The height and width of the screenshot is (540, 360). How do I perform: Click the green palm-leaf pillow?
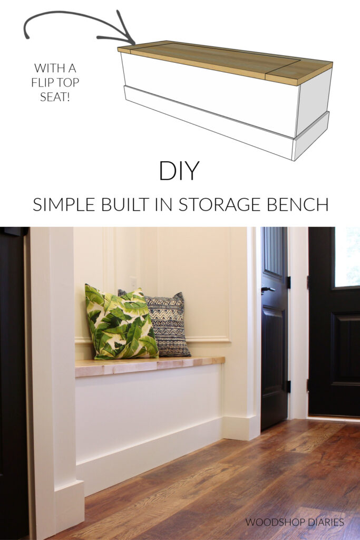pyautogui.click(x=120, y=323)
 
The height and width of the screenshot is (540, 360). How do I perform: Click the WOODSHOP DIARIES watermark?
pyautogui.click(x=294, y=522)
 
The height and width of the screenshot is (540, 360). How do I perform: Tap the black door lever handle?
pyautogui.click(x=267, y=289)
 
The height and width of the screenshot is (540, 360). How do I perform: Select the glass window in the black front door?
pyautogui.click(x=347, y=257)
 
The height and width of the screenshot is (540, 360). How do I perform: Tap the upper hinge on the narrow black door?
pyautogui.click(x=288, y=282)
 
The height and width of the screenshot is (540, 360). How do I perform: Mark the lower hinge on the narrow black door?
pyautogui.click(x=288, y=386)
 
